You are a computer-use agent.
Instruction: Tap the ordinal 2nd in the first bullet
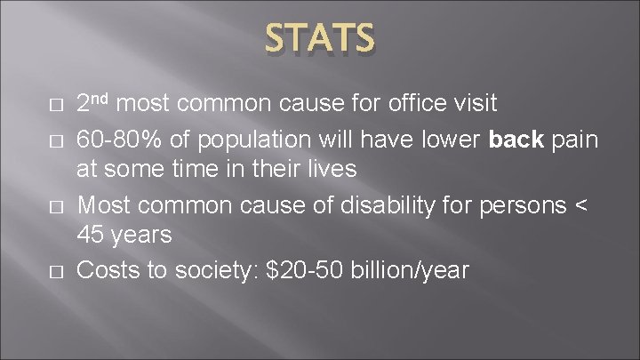tap(95, 103)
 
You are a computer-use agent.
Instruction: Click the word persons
tap(521, 205)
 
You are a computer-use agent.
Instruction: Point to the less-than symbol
tap(582, 206)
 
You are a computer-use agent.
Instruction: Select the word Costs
tap(107, 269)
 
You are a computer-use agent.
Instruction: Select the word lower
tap(463, 141)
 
